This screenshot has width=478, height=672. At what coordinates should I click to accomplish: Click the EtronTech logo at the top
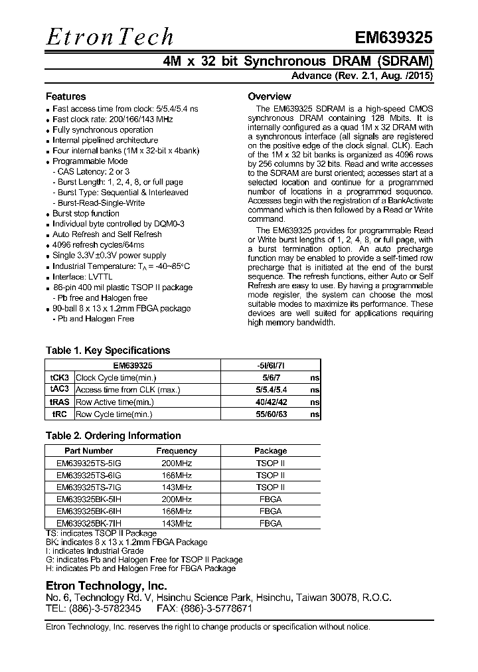[110, 37]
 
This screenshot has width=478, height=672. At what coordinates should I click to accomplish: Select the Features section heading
[65, 96]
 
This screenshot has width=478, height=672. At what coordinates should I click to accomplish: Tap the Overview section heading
[269, 96]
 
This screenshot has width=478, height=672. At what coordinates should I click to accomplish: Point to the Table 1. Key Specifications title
[108, 351]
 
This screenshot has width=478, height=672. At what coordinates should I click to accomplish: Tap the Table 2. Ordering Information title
[113, 436]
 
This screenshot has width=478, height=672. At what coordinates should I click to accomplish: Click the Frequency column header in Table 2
[176, 451]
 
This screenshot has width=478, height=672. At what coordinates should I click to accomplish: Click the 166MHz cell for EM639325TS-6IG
[176, 475]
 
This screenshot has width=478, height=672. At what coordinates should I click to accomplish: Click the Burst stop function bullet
[86, 213]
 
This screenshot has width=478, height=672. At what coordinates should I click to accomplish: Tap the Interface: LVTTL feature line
[78, 276]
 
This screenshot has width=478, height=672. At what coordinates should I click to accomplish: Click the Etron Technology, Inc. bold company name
[106, 586]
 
